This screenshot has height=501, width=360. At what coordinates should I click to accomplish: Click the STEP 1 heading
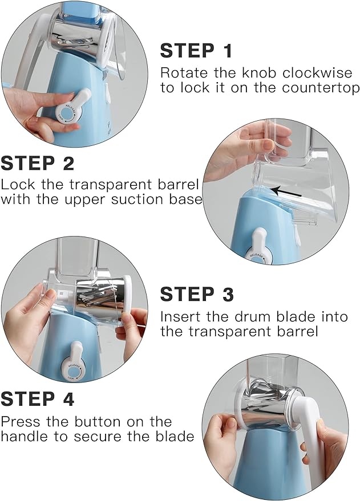pyautogui.click(x=196, y=51)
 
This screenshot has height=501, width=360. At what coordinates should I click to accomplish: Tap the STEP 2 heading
pyautogui.click(x=38, y=163)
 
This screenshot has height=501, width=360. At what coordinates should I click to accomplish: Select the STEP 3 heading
pyautogui.click(x=197, y=294)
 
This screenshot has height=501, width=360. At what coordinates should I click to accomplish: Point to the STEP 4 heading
pyautogui.click(x=38, y=399)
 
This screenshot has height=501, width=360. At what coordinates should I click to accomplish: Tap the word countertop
pyautogui.click(x=321, y=88)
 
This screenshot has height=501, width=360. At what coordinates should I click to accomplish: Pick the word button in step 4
pyautogui.click(x=98, y=422)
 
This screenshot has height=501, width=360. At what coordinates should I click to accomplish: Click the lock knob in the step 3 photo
pyautogui.click(x=74, y=362)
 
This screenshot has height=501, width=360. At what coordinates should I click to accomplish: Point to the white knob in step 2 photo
pyautogui.click(x=258, y=247)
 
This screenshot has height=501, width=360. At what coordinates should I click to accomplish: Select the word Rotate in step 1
pyautogui.click(x=184, y=73)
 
